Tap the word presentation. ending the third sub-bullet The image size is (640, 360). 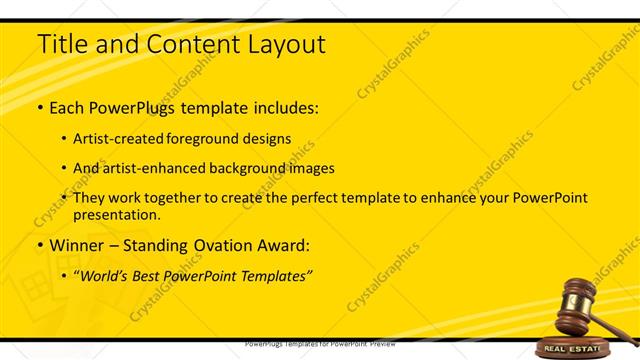coord(116,214)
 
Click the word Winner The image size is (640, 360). coord(78,245)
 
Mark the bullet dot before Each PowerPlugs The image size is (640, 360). coord(39,107)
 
